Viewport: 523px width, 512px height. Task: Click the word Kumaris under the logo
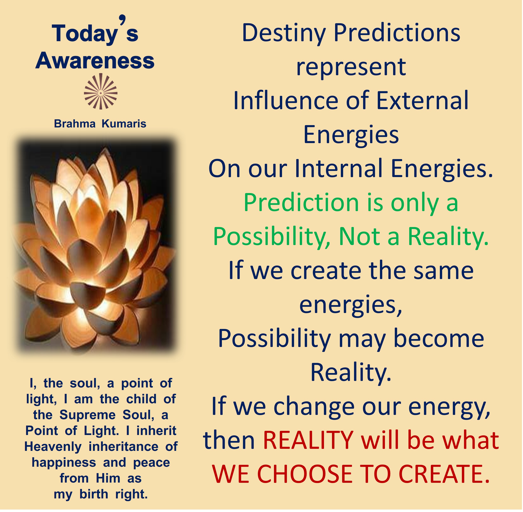click(x=124, y=124)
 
